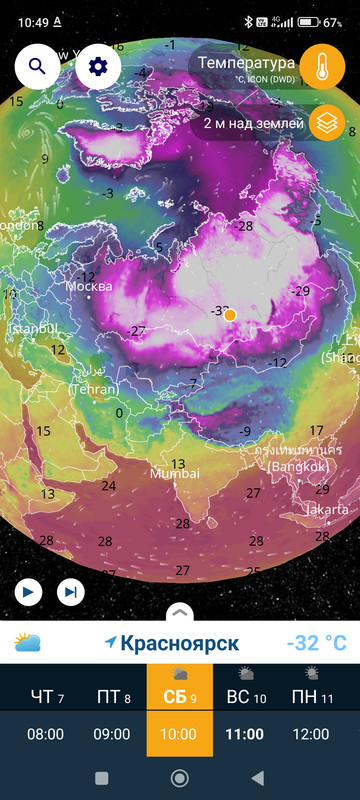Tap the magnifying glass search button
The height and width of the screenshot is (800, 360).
tap(37, 67)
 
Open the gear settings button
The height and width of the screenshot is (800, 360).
tap(98, 67)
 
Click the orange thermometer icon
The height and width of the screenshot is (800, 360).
tap(322, 67)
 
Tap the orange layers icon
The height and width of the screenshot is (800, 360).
tap(326, 123)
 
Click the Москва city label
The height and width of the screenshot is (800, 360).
tap(89, 287)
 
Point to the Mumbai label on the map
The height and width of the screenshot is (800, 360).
tap(174, 473)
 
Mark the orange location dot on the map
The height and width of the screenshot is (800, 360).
tap(229, 315)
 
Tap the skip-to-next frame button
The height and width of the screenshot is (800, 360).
tap(70, 592)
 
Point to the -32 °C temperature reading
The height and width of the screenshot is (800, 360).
tap(315, 642)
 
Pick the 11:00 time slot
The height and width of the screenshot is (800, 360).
tap(245, 734)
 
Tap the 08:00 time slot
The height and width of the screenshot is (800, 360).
tap(45, 734)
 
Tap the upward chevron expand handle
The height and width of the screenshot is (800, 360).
tap(180, 611)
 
